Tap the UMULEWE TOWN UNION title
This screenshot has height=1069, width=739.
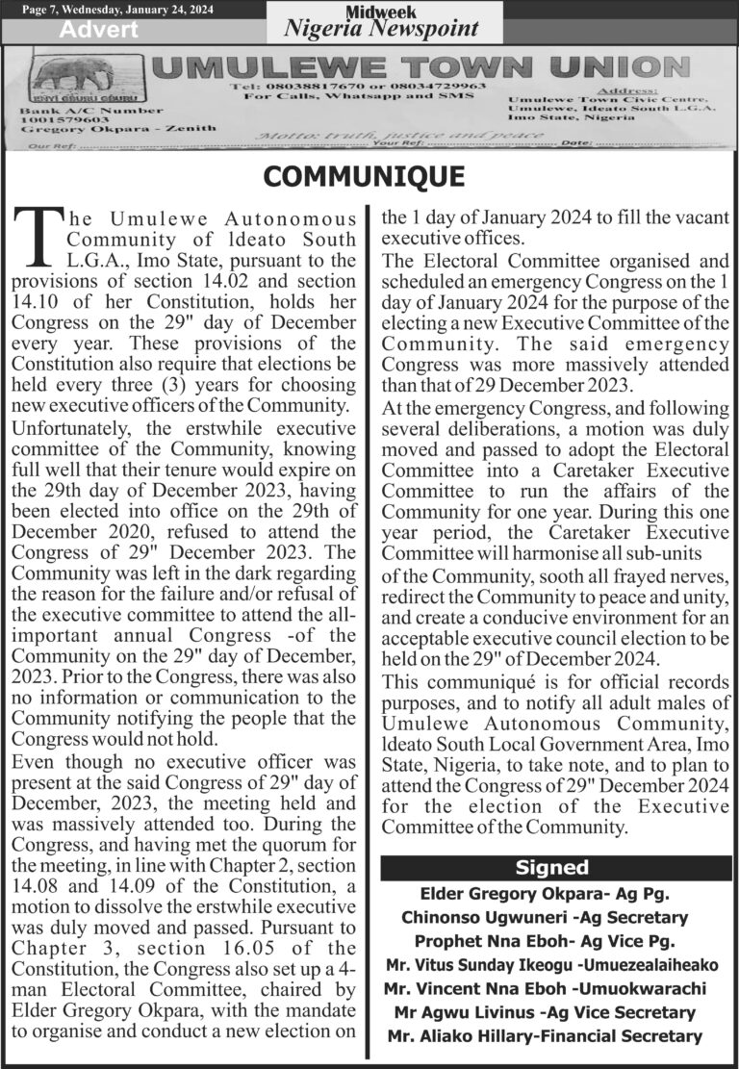421,67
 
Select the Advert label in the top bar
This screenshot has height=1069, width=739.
99,30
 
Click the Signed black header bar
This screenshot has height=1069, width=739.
551,868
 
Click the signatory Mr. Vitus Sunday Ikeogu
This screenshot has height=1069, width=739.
479,965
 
